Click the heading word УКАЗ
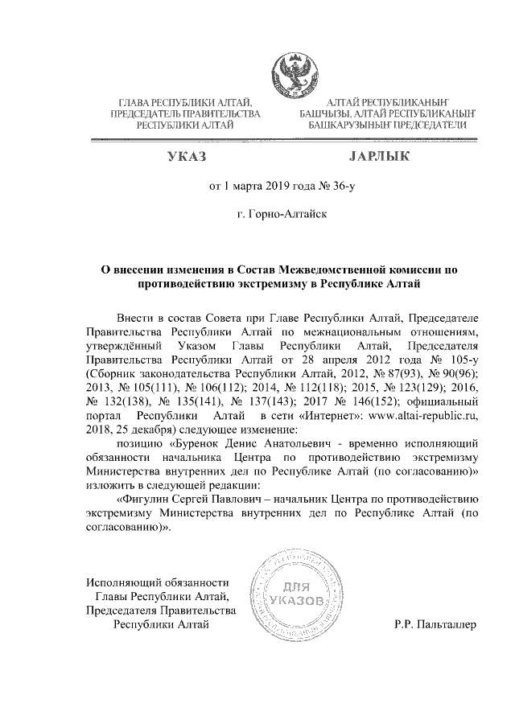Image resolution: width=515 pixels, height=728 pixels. [186, 156]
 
